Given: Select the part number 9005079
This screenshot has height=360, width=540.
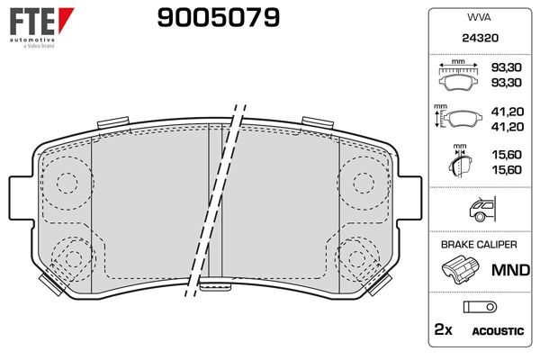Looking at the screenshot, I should pos(218,17).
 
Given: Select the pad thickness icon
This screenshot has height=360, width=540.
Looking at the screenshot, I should pos(458,163).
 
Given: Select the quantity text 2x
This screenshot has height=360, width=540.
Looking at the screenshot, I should pos(442,331).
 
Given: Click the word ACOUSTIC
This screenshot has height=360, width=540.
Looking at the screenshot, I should pos(497,331).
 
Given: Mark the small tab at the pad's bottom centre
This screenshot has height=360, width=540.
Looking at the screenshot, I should pos(215,287).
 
